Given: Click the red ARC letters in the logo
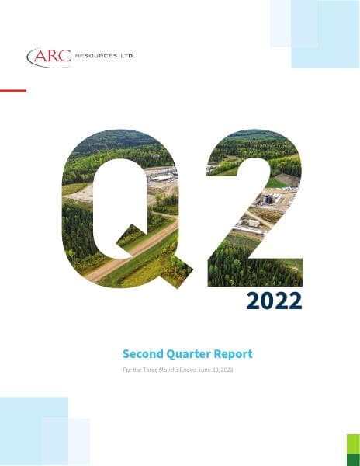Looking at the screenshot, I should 50,57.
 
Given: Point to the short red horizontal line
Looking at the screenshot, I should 12,91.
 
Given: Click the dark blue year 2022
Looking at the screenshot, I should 274,301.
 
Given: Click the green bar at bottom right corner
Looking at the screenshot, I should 353,450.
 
